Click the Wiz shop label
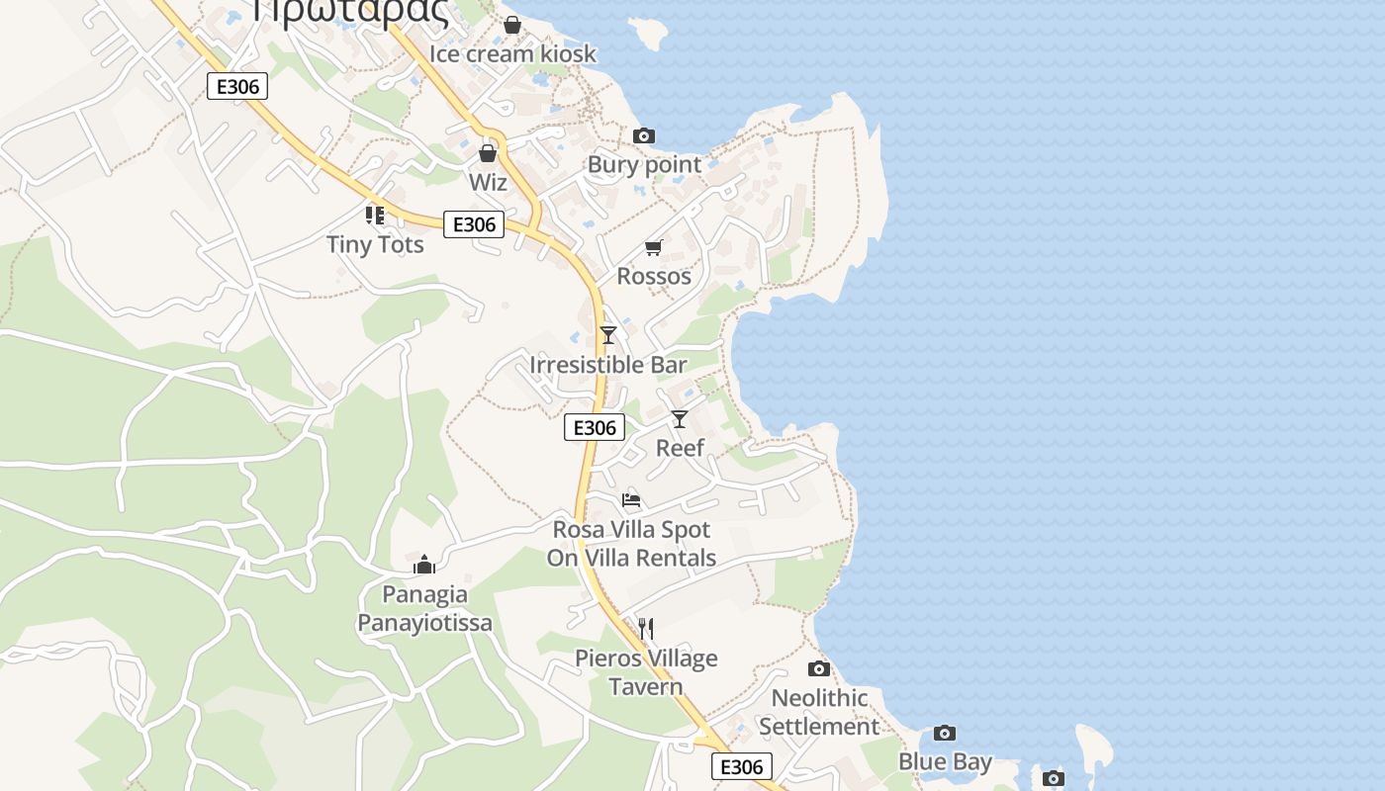[488, 183]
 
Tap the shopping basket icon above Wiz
[488, 153]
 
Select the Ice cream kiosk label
[512, 53]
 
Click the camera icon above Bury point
[644, 135]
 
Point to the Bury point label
[644, 165]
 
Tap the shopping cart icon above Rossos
[653, 247]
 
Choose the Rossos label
[654, 276]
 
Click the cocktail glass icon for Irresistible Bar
[608, 335]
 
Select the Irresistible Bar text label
[607, 365]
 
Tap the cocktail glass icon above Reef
[680, 419]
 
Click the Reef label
[680, 448]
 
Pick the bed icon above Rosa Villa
[631, 500]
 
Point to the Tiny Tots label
[375, 244]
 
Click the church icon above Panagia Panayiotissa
[424, 565]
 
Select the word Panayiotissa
[424, 623]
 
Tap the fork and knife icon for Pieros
[646, 629]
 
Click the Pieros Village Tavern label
[646, 672]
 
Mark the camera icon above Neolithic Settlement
[819, 669]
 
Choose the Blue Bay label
[945, 762]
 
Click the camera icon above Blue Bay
[945, 734]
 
